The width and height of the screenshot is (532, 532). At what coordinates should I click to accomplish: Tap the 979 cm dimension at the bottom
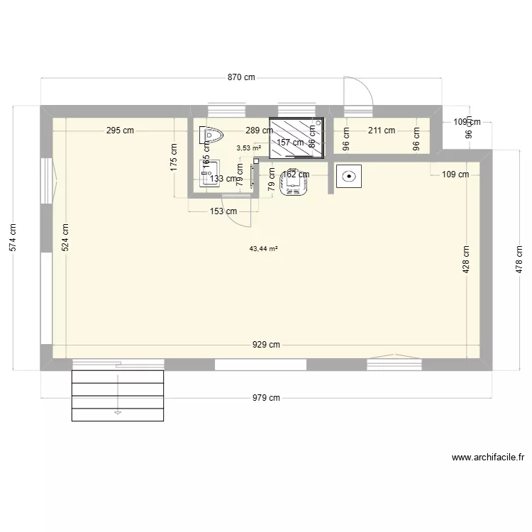[x=265, y=398]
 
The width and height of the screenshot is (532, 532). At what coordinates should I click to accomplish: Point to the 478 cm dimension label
[x=520, y=260]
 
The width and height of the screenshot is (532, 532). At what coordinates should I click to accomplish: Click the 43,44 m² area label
[x=263, y=249]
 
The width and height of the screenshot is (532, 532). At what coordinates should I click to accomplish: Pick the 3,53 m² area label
[x=248, y=148]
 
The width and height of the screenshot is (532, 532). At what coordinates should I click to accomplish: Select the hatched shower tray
[x=296, y=136]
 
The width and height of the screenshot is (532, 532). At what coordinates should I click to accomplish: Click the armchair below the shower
[x=294, y=182]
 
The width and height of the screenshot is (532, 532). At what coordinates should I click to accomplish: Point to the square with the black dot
[x=348, y=177]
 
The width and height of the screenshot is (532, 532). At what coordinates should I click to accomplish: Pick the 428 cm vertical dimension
[x=466, y=260]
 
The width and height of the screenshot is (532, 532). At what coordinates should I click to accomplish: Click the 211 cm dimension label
[x=382, y=131]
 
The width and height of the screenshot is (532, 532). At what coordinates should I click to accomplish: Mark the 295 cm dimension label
[x=120, y=131]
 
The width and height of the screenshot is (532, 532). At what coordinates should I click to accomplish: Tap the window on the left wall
[x=47, y=181]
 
